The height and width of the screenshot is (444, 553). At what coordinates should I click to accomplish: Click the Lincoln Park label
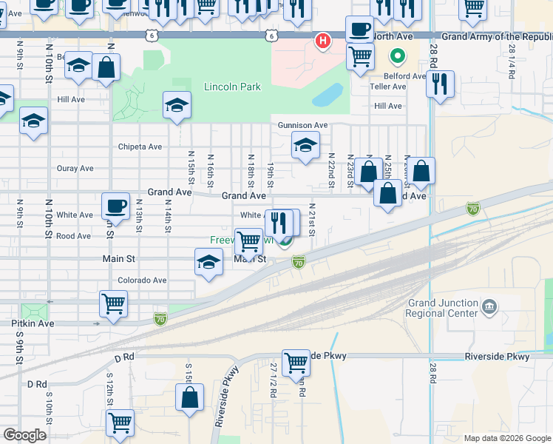(232, 87)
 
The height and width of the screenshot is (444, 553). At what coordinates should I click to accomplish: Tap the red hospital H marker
(322, 41)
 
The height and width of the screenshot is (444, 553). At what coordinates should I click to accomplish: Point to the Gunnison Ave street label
(302, 125)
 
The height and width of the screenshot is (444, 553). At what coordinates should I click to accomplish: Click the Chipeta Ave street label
(140, 147)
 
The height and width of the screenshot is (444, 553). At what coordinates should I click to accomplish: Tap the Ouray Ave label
(75, 168)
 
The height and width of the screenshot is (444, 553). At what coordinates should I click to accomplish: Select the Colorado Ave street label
(142, 280)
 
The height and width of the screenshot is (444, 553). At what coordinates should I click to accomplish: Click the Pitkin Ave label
(33, 323)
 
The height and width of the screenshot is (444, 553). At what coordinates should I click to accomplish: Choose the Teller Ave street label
(388, 87)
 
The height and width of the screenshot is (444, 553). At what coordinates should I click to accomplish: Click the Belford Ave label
(404, 75)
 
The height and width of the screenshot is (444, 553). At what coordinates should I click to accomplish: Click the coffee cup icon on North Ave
(359, 30)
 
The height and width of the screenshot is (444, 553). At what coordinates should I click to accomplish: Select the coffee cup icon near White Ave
(115, 205)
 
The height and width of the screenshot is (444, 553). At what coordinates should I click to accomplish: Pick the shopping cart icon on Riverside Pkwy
(296, 362)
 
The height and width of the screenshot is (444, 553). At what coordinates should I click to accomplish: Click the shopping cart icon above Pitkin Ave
(113, 303)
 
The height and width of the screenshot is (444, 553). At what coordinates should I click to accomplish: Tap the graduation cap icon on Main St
(208, 262)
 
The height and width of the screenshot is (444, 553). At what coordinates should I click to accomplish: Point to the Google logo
(24, 435)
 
